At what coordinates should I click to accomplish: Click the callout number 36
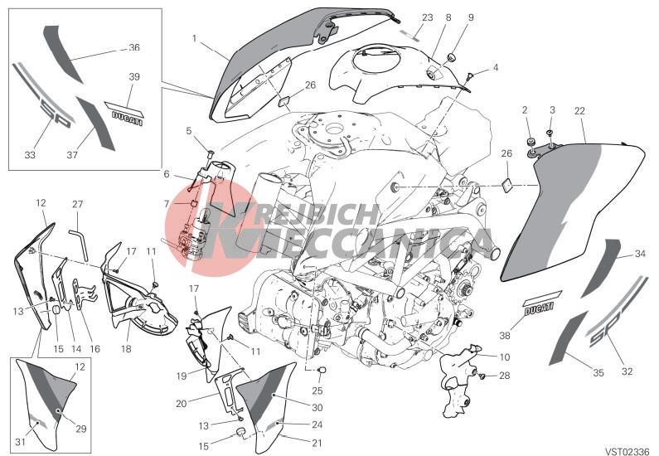tap(134, 47)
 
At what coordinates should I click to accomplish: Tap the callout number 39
tap(134, 77)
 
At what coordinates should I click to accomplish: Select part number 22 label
tap(579, 111)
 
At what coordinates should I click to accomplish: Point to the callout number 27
tap(78, 204)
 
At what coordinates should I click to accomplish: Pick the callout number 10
tap(505, 357)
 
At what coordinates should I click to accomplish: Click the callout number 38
tap(505, 335)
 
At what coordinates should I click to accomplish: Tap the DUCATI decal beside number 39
tap(124, 112)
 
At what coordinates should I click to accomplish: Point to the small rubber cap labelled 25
tap(322, 370)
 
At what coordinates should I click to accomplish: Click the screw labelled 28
tap(483, 376)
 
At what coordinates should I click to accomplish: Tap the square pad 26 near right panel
tap(506, 185)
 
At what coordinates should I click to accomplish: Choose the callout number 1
tap(194, 39)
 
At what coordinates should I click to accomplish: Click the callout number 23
tap(428, 17)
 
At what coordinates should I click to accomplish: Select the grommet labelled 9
tap(453, 56)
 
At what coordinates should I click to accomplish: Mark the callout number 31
tap(20, 442)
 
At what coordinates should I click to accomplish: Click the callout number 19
tap(182, 376)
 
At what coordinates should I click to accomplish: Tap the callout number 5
tap(189, 131)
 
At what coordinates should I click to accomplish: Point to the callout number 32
tap(627, 371)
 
